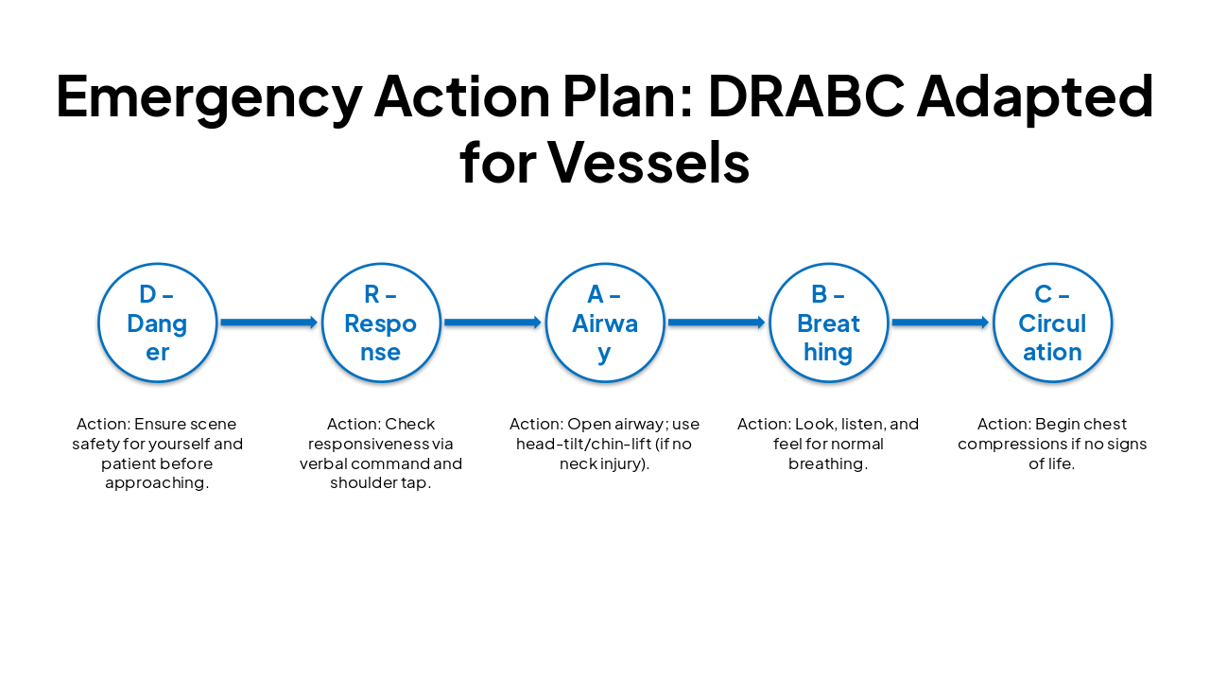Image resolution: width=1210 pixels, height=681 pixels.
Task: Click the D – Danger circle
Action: point(157,323)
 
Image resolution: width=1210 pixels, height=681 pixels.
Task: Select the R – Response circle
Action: point(381,323)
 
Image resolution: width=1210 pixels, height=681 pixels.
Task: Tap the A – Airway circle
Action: point(605,323)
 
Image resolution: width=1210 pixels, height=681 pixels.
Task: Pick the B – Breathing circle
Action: point(828,323)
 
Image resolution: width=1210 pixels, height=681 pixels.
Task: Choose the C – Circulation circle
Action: point(1052,323)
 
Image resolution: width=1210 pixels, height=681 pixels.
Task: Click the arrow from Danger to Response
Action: point(268,323)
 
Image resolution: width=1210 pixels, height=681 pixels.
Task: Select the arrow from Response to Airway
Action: point(493,323)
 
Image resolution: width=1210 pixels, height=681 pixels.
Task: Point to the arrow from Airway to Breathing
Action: point(717,323)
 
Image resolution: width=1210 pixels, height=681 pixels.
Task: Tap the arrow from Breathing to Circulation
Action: point(940,323)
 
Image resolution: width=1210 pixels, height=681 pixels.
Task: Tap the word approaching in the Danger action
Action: point(157,483)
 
